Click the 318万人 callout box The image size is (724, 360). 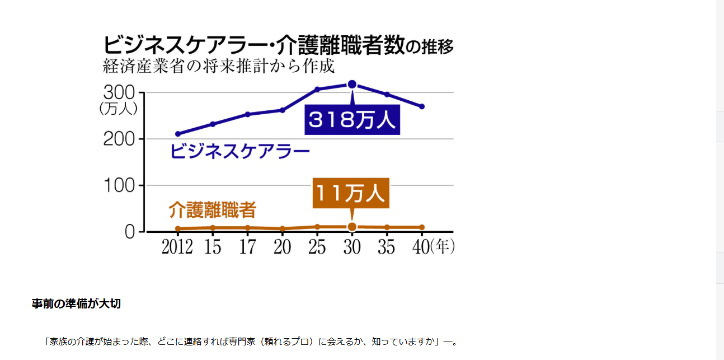click(x=352, y=120)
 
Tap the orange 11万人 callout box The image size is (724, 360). click(x=351, y=194)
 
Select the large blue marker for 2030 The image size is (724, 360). click(x=352, y=85)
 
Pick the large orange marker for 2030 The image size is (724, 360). click(x=352, y=227)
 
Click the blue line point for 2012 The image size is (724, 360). click(x=178, y=134)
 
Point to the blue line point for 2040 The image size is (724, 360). click(x=422, y=106)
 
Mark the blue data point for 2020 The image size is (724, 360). click(x=283, y=110)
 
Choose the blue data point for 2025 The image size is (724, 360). click(x=317, y=89)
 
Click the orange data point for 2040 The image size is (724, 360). click(x=422, y=227)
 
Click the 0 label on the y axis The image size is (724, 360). click(x=130, y=232)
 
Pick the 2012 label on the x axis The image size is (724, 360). click(x=177, y=247)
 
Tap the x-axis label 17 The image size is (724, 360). click(x=247, y=247)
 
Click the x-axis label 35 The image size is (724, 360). click(x=386, y=247)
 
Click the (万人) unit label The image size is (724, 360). click(x=118, y=109)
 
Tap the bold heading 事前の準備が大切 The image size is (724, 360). click(x=76, y=304)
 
